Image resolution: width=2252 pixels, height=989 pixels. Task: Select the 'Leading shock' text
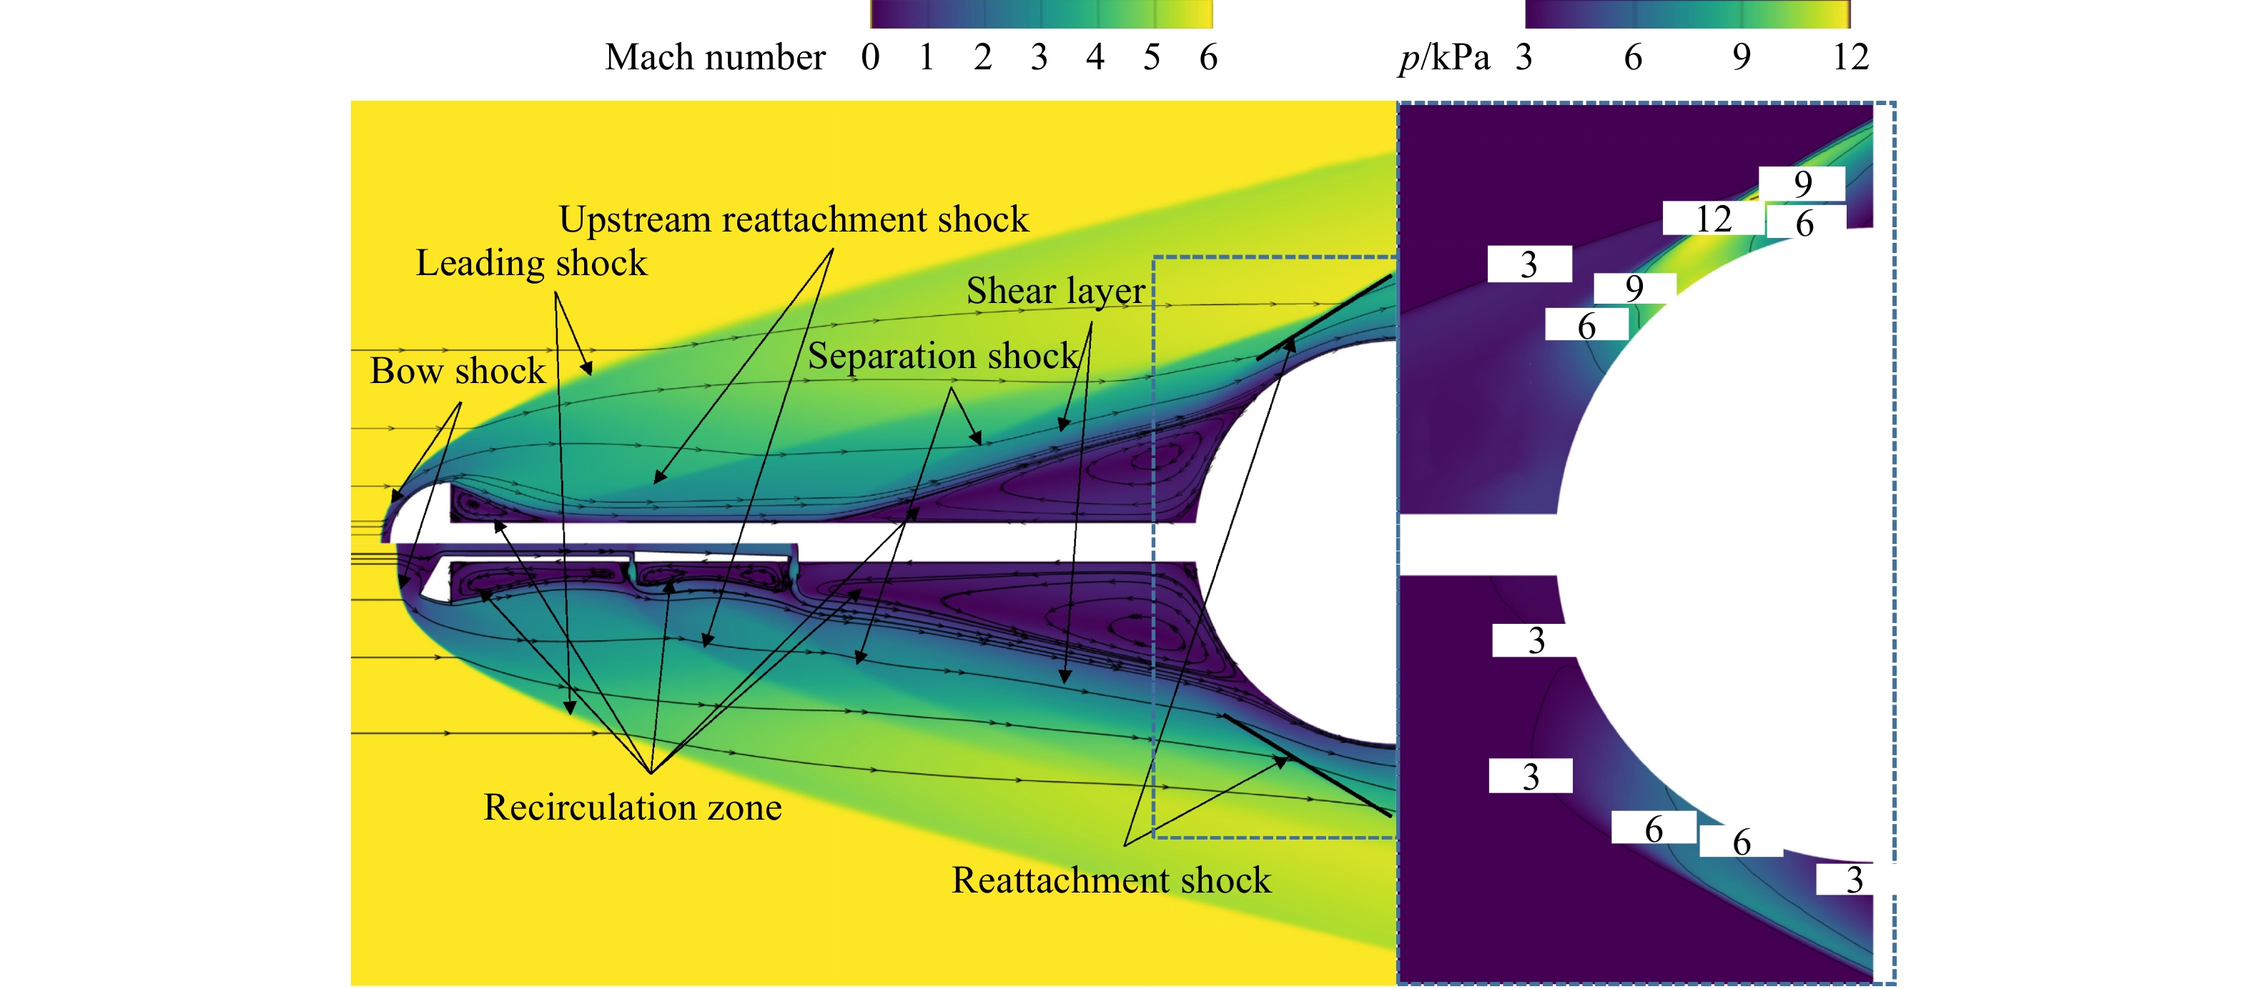click(x=531, y=263)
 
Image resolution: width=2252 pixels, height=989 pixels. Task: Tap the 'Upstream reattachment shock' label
click(x=794, y=219)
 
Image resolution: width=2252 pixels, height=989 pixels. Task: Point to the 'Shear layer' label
click(x=1055, y=291)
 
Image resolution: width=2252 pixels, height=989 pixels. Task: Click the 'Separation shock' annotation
click(x=943, y=356)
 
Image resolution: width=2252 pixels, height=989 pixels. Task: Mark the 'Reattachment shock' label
click(x=1111, y=880)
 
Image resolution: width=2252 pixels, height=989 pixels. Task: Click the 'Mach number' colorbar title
click(x=715, y=58)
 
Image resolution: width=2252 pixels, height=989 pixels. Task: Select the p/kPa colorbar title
click(x=1444, y=59)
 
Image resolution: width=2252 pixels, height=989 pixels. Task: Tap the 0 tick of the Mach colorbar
click(x=870, y=58)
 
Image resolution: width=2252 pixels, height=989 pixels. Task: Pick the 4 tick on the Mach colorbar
click(x=1095, y=58)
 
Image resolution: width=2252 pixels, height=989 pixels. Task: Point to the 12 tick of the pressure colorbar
click(x=1851, y=58)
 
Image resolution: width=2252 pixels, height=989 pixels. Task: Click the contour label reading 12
click(x=1714, y=219)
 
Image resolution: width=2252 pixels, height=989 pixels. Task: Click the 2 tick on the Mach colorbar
click(x=982, y=58)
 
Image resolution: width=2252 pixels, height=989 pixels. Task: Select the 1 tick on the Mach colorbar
click(x=927, y=58)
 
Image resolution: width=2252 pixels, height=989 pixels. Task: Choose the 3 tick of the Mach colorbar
click(x=1039, y=58)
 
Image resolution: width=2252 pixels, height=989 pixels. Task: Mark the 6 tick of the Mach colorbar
click(x=1208, y=58)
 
